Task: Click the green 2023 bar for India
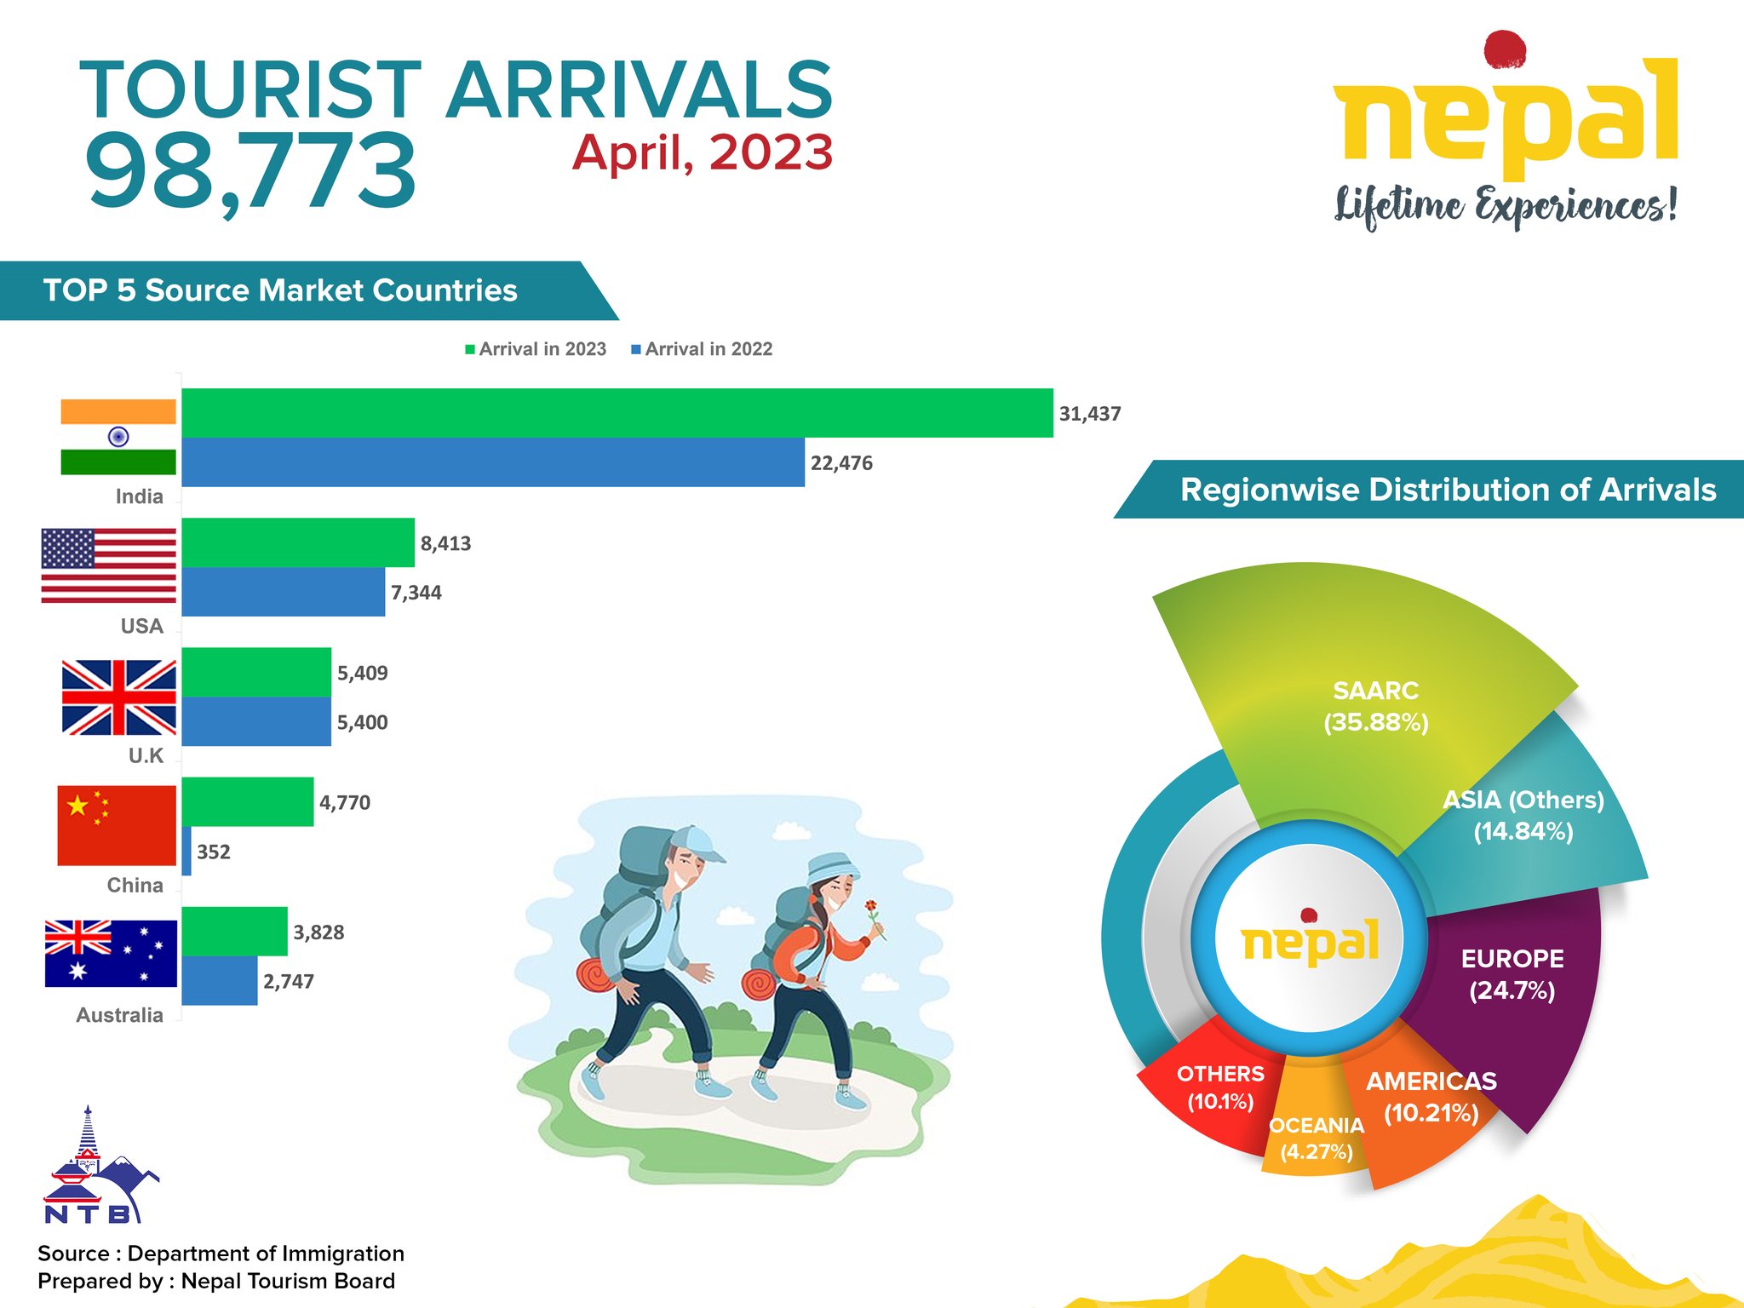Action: [x=617, y=413]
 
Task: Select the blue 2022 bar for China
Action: [x=186, y=851]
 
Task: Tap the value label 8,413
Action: [x=445, y=543]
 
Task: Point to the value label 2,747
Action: [x=289, y=982]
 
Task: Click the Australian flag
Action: [x=111, y=953]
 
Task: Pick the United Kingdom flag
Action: [x=119, y=697]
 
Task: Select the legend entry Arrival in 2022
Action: [x=702, y=349]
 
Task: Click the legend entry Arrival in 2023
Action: [x=536, y=349]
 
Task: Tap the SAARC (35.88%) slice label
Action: [x=1376, y=706]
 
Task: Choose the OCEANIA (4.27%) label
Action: [x=1317, y=1139]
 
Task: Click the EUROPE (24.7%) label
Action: [x=1512, y=974]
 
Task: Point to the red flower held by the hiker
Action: [x=871, y=906]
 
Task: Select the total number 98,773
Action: [x=250, y=171]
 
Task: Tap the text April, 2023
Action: [x=703, y=153]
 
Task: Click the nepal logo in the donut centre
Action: [x=1310, y=938]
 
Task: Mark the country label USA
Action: [x=141, y=626]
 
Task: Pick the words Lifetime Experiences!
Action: [x=1506, y=206]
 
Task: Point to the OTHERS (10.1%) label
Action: [x=1220, y=1087]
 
